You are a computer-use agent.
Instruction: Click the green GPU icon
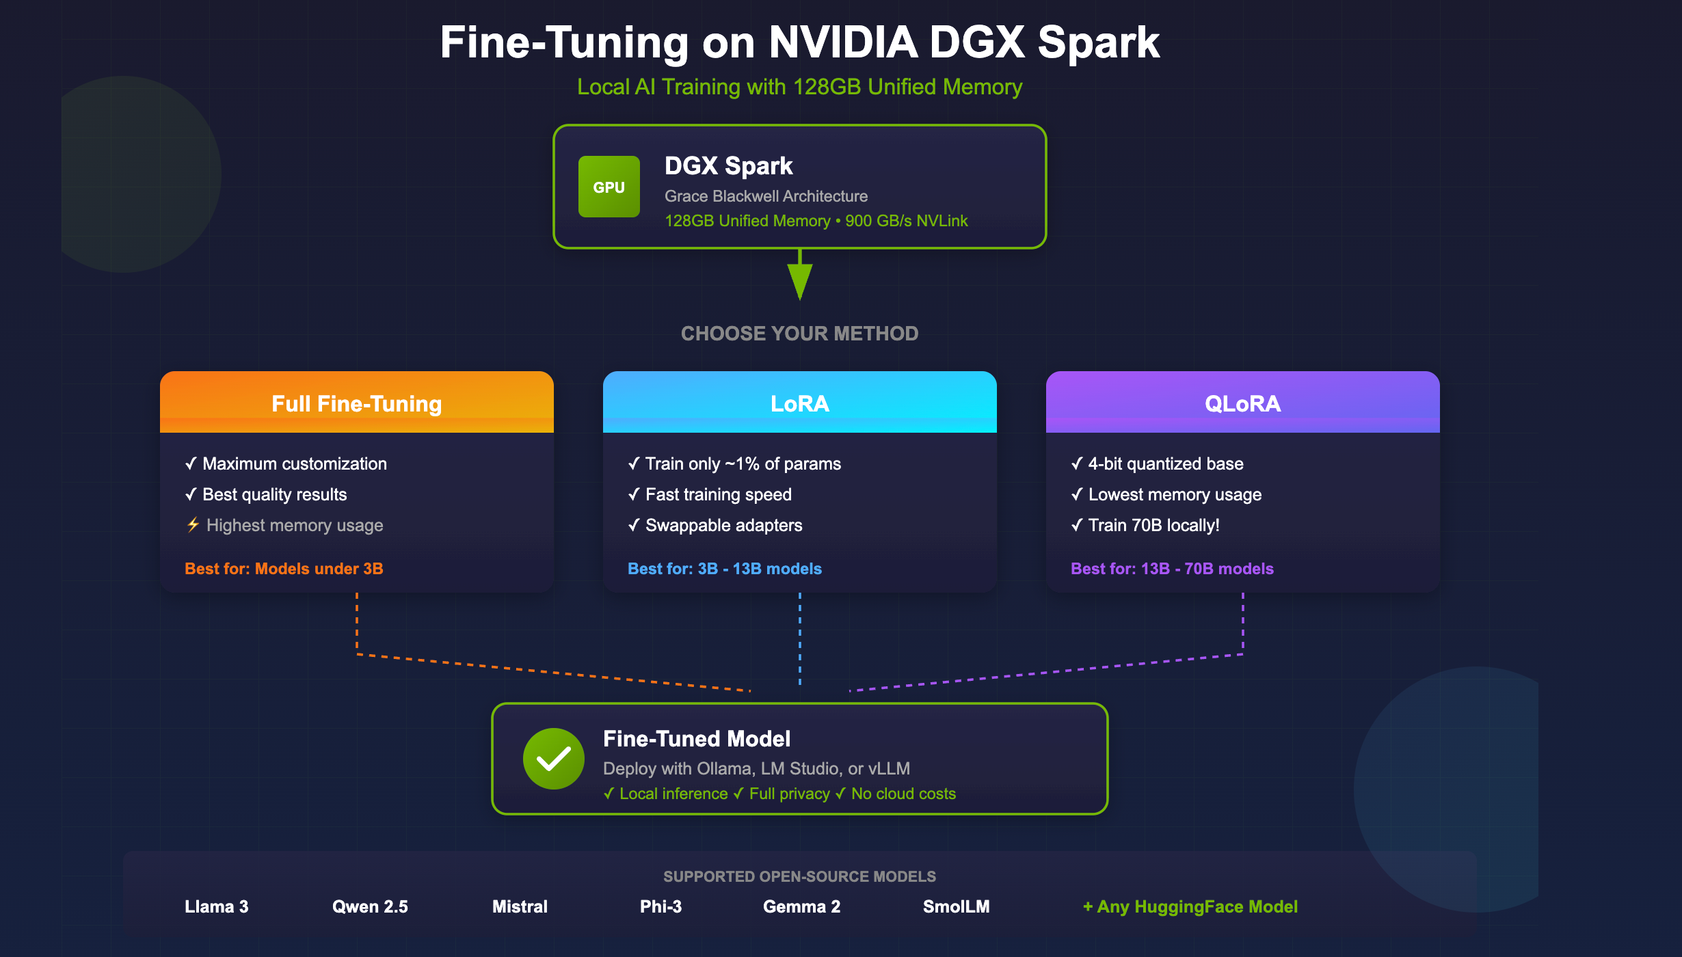click(609, 187)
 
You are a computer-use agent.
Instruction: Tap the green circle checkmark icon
click(554, 759)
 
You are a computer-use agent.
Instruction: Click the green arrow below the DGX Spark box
click(800, 274)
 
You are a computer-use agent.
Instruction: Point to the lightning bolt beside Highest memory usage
click(193, 525)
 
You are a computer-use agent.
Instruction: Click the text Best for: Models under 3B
click(284, 569)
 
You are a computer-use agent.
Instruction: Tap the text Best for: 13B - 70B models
click(1172, 569)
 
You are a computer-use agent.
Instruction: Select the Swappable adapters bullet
click(715, 525)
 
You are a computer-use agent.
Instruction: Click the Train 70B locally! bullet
click(1145, 525)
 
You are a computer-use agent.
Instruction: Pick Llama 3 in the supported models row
click(217, 906)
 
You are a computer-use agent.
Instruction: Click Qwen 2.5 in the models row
click(370, 906)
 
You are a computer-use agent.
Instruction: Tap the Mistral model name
click(520, 906)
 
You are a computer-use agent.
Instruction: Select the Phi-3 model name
click(660, 906)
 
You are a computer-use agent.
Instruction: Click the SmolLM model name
click(956, 906)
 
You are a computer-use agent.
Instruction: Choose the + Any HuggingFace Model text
click(1190, 906)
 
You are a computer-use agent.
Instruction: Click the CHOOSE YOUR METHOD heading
click(800, 334)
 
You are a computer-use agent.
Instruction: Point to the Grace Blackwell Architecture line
click(766, 196)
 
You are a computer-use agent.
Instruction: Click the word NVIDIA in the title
click(843, 42)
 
